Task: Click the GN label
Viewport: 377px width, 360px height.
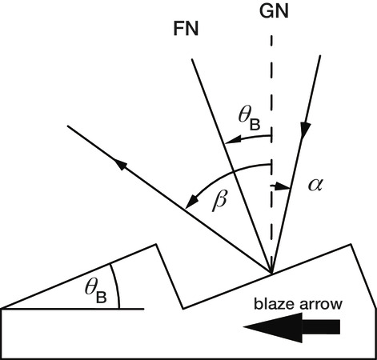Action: pyautogui.click(x=274, y=11)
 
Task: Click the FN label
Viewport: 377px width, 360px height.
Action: pyautogui.click(x=186, y=29)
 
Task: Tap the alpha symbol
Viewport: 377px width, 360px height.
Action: pyautogui.click(x=315, y=185)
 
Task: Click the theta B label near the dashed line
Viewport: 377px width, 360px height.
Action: pyautogui.click(x=249, y=120)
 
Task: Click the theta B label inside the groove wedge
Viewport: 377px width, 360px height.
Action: pyautogui.click(x=96, y=291)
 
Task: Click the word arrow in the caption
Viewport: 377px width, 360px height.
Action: pyautogui.click(x=321, y=305)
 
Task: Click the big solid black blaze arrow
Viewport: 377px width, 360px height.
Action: pyautogui.click(x=291, y=327)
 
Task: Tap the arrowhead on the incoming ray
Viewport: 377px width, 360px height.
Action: pyautogui.click(x=305, y=130)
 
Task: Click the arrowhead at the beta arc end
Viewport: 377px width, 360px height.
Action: pyautogui.click(x=191, y=202)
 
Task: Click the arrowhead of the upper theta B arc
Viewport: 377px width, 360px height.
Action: pyautogui.click(x=232, y=139)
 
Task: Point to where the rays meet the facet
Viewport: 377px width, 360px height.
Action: pyautogui.click(x=271, y=274)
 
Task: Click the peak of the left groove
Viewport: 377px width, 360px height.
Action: pyautogui.click(x=155, y=244)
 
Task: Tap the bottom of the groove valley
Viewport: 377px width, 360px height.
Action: pyautogui.click(x=183, y=309)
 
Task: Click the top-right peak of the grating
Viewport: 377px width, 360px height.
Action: pyautogui.click(x=350, y=244)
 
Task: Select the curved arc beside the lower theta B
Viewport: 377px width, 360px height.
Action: pyautogui.click(x=117, y=286)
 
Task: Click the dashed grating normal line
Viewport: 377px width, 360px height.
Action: pyautogui.click(x=271, y=154)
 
